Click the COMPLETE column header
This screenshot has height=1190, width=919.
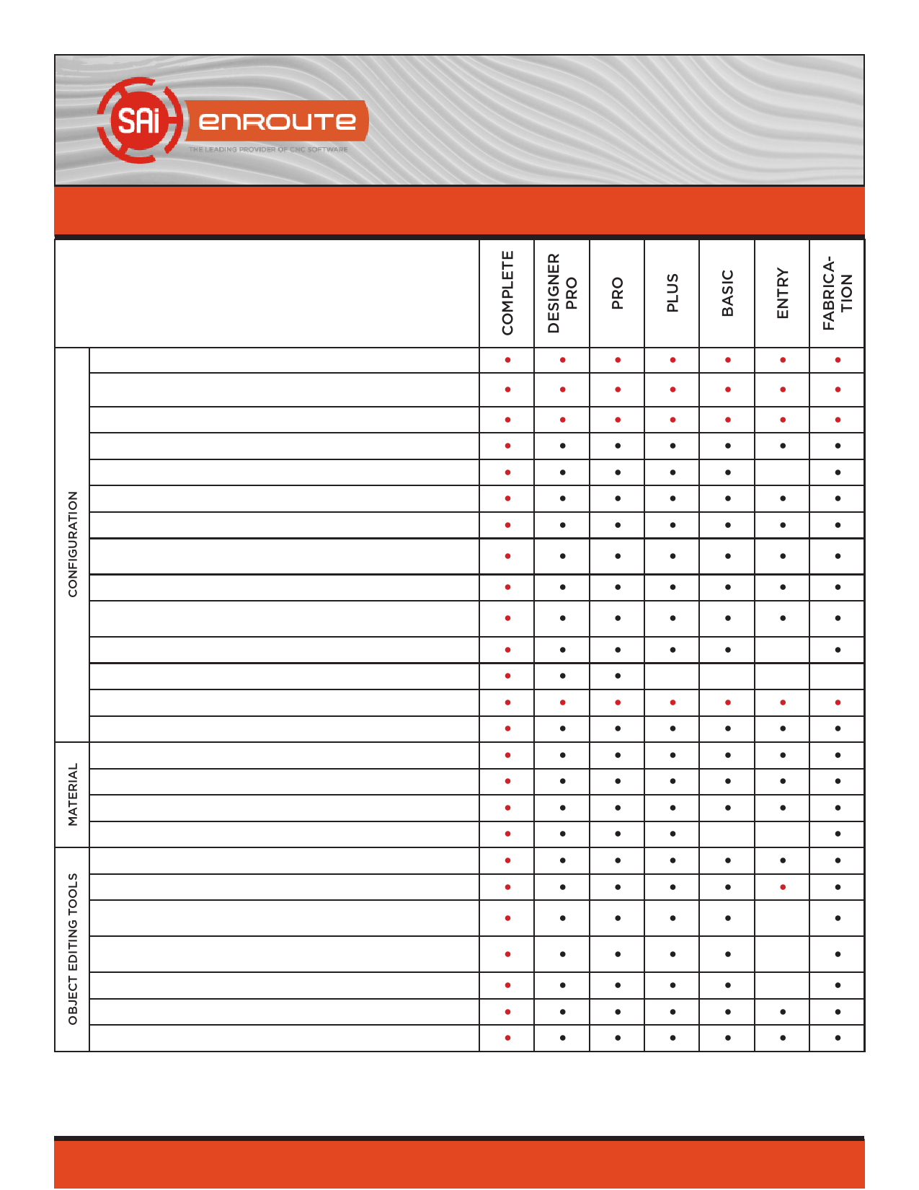point(507,293)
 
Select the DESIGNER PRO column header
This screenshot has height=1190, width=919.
point(562,293)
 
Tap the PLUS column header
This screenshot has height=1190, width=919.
point(672,293)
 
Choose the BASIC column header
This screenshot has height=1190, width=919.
point(727,293)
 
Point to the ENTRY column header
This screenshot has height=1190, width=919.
point(783,293)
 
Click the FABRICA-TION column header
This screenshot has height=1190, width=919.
point(838,293)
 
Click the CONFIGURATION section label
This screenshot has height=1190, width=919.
point(72,545)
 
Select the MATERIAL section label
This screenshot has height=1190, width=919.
point(72,795)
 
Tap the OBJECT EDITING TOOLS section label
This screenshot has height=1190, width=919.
point(72,949)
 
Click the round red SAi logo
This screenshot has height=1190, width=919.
point(138,120)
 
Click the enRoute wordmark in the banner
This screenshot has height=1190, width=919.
point(278,121)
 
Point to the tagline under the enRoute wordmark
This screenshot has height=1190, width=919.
point(268,150)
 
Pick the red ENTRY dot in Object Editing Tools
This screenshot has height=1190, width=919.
point(783,887)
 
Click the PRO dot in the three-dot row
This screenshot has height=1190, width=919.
point(618,676)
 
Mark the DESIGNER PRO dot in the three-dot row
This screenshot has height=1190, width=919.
point(562,676)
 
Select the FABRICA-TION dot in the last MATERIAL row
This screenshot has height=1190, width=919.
point(838,834)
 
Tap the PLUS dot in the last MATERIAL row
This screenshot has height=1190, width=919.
point(672,834)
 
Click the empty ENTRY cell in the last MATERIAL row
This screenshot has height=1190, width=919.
point(783,834)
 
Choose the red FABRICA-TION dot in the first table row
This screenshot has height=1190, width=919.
point(838,360)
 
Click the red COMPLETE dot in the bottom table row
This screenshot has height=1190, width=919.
point(507,1038)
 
